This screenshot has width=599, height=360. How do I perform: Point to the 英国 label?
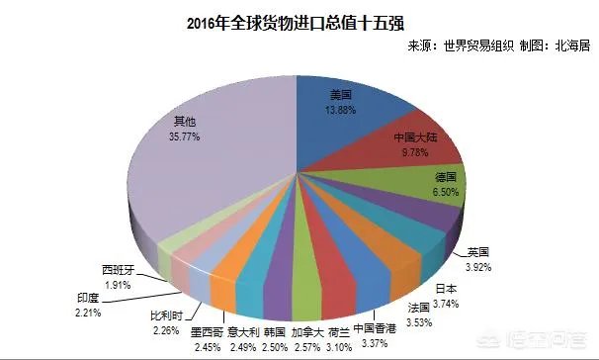click(479, 253)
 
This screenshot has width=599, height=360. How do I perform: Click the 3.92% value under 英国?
click(479, 267)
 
